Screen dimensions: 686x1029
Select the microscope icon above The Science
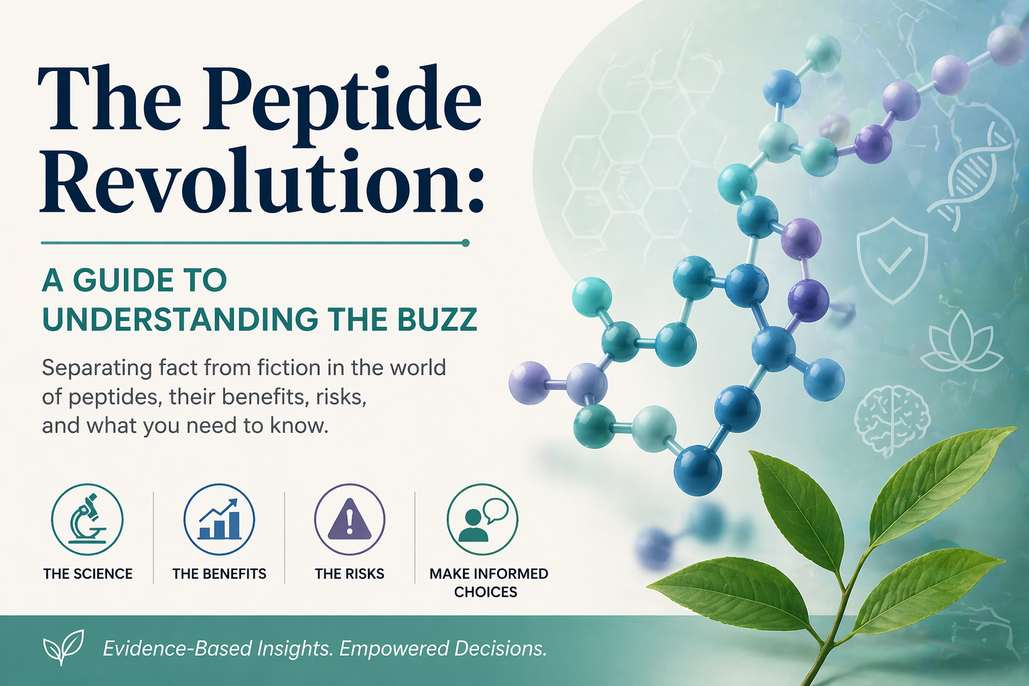click(x=87, y=520)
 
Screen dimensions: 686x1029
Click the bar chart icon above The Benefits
click(x=219, y=520)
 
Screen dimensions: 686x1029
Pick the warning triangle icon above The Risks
click(x=350, y=520)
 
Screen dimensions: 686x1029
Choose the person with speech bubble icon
click(x=482, y=520)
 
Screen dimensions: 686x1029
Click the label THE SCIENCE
click(x=88, y=574)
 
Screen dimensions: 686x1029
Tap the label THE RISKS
click(x=350, y=574)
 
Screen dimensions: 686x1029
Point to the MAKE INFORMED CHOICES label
click(x=488, y=583)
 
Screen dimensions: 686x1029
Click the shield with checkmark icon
click(x=892, y=259)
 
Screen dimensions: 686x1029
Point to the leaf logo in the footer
click(x=63, y=647)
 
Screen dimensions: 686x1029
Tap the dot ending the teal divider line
click(x=466, y=243)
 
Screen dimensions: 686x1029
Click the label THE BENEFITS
click(x=219, y=574)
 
